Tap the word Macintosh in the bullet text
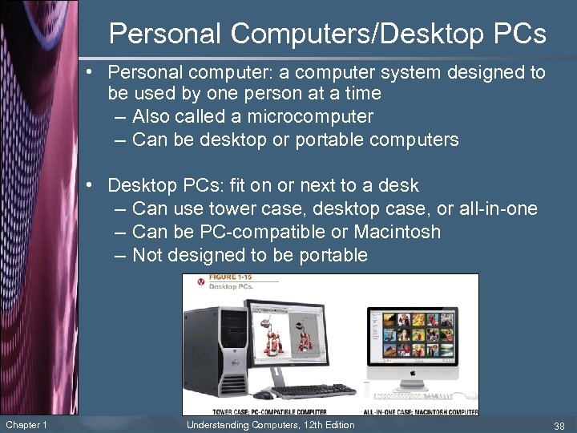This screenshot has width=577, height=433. [x=398, y=233]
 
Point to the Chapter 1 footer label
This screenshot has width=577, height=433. [x=26, y=425]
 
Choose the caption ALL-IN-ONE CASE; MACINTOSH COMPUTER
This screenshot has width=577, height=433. [x=419, y=411]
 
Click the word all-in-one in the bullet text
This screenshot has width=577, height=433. [x=498, y=209]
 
